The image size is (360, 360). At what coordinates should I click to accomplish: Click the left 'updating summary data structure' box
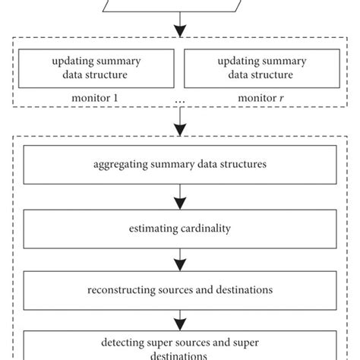(x=96, y=70)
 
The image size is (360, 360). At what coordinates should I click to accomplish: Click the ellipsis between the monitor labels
(x=179, y=99)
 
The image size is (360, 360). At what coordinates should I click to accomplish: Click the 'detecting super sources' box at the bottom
(x=179, y=345)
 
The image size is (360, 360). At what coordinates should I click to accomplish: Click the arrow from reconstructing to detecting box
(x=179, y=320)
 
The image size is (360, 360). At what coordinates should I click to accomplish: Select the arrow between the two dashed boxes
(x=179, y=121)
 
